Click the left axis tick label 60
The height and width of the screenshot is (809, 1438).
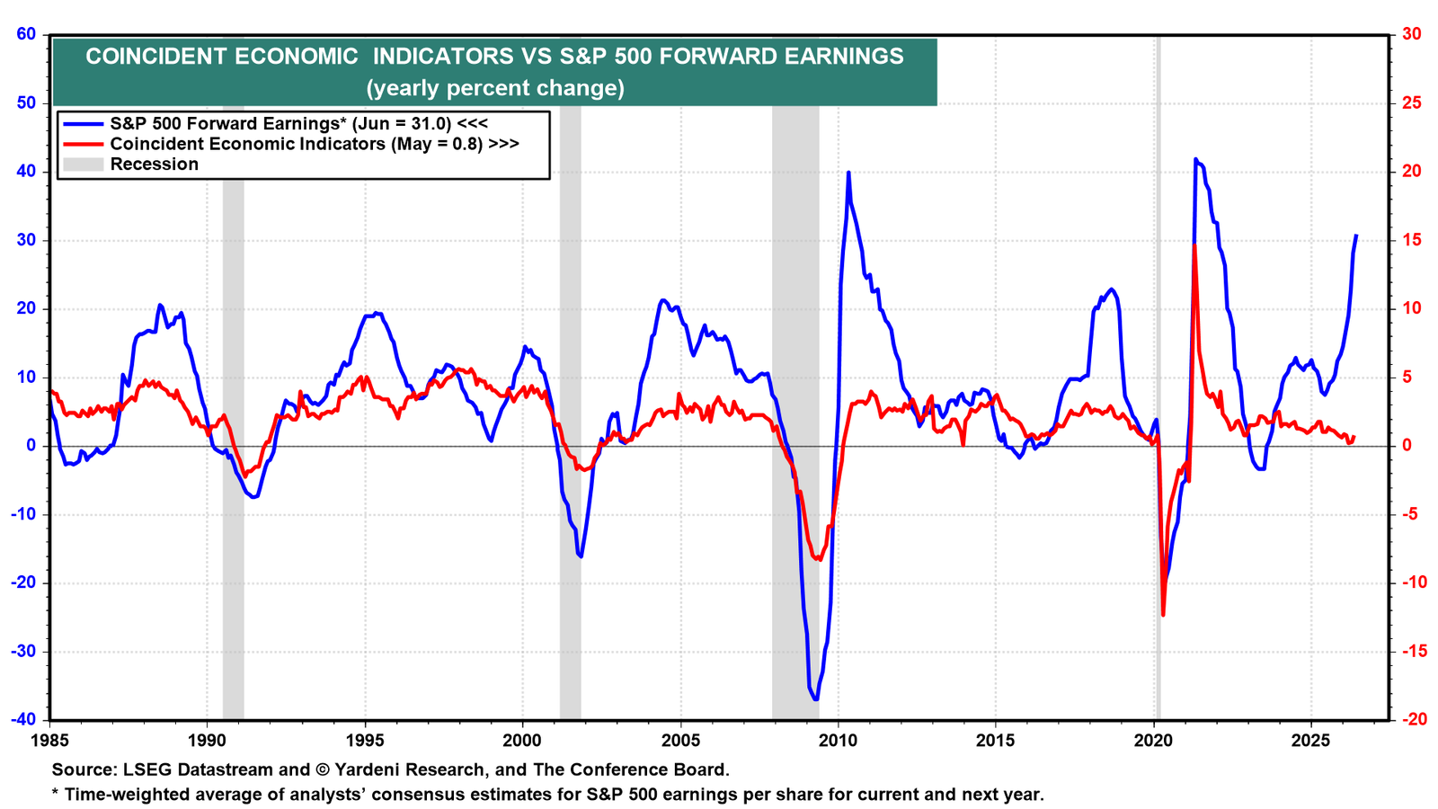point(26,33)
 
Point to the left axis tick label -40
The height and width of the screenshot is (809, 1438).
point(23,720)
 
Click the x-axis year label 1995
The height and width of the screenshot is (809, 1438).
point(365,741)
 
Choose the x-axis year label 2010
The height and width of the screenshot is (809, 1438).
point(838,741)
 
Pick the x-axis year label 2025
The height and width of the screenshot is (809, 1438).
point(1311,741)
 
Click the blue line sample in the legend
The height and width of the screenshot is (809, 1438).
point(83,124)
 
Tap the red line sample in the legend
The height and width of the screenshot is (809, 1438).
point(83,144)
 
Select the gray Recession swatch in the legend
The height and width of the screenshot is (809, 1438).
point(83,164)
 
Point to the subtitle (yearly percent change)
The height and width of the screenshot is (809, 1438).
point(495,88)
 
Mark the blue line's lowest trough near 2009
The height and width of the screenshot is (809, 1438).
point(815,699)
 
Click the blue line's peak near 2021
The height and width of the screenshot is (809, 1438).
point(1195,159)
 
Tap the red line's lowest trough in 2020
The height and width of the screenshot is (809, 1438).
point(1163,615)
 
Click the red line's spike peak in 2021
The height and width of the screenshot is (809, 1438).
point(1194,245)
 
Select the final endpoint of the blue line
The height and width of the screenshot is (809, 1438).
point(1356,235)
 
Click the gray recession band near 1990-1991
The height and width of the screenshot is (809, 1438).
point(233,411)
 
